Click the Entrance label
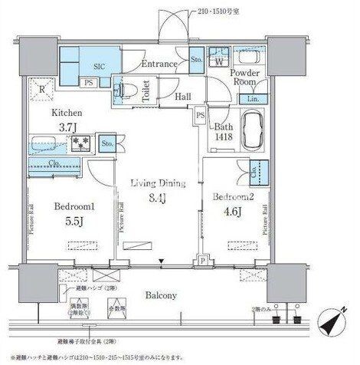[x=159, y=64]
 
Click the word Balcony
[x=162, y=294]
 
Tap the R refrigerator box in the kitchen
[x=42, y=91]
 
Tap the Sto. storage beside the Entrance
[x=195, y=59]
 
